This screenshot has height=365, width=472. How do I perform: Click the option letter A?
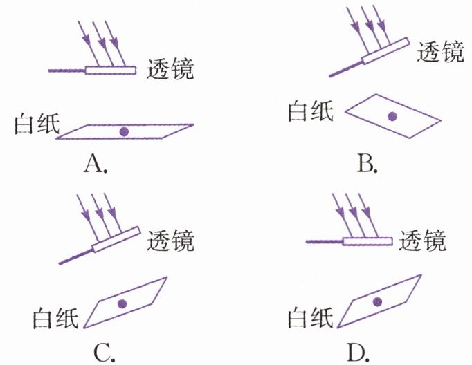[x=95, y=164]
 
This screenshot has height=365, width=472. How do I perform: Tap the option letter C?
[x=103, y=351]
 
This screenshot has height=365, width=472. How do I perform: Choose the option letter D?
[x=357, y=351]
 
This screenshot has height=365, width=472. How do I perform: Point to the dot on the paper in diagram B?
[x=392, y=117]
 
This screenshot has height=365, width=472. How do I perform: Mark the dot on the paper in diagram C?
[x=122, y=303]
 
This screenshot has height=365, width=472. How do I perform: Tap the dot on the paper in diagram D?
[x=377, y=301]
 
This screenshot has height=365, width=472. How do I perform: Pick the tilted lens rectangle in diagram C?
[x=117, y=240]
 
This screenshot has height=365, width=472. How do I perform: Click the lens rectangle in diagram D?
[x=368, y=241]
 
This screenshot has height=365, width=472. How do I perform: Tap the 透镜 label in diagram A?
[x=170, y=71]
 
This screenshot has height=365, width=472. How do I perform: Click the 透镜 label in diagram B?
[x=440, y=51]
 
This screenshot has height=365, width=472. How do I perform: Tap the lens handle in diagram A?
[x=66, y=71]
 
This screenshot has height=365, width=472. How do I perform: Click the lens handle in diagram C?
[x=75, y=256]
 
